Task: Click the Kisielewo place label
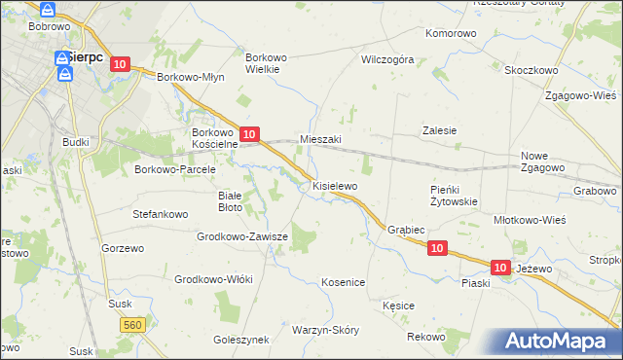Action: click(335, 185)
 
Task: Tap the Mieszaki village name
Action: click(320, 139)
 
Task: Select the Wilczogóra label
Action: click(387, 59)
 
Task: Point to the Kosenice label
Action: click(343, 282)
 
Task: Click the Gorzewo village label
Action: click(122, 248)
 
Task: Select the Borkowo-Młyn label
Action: click(191, 78)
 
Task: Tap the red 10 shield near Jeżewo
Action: click(501, 267)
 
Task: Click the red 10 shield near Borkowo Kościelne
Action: click(249, 134)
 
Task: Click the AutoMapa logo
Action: click(557, 341)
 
